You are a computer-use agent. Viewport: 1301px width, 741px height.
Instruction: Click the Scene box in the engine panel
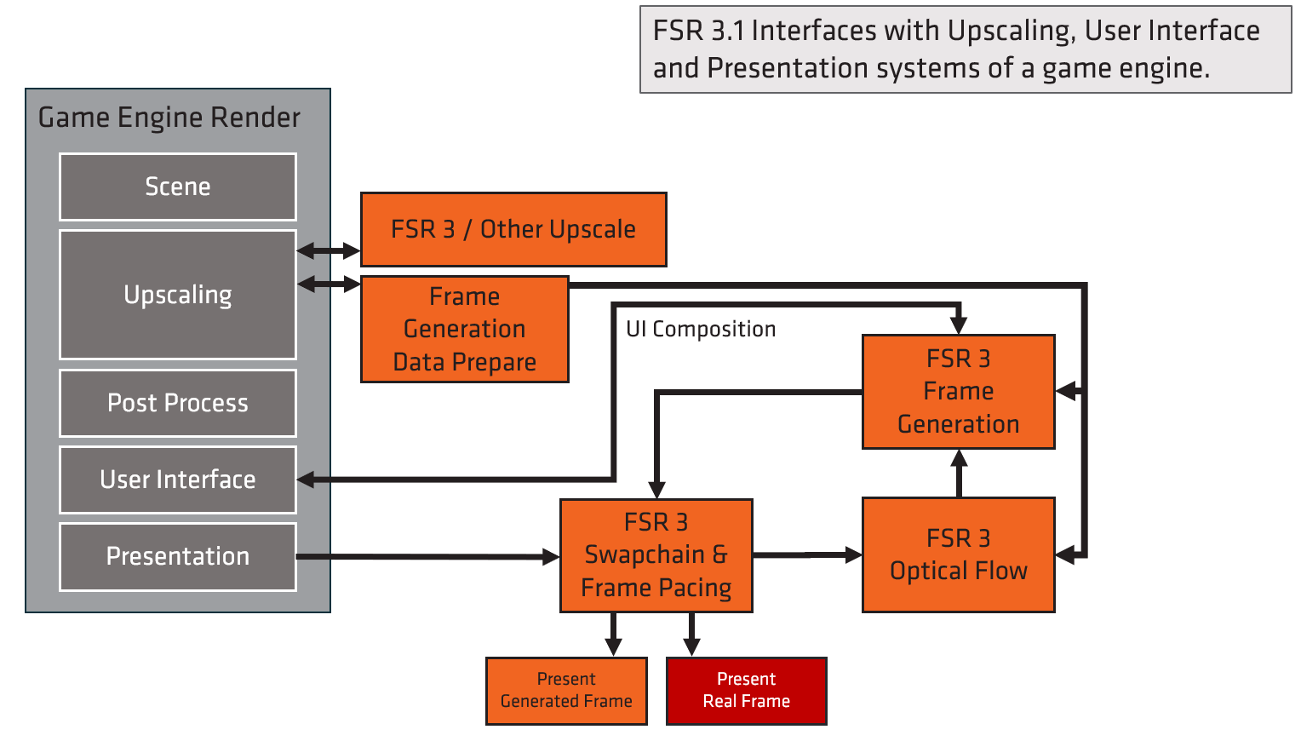pos(177,187)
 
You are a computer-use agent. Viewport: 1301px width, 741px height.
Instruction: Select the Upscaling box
pos(177,295)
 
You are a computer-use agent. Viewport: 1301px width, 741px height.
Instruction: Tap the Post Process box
pos(177,403)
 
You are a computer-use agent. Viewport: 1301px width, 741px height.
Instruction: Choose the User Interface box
pos(177,480)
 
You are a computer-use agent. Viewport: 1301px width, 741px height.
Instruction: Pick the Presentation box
pos(177,556)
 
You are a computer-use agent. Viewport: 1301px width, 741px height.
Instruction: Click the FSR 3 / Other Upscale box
pos(513,229)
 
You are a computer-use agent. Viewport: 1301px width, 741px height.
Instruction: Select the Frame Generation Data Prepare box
pos(464,329)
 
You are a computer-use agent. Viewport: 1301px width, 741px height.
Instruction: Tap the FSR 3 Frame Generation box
pos(958,391)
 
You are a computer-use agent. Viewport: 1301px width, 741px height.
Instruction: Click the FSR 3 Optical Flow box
pos(958,554)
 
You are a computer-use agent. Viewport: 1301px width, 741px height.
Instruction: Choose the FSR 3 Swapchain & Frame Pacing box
pos(656,554)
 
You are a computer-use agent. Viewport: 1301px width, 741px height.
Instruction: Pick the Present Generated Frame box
pos(566,690)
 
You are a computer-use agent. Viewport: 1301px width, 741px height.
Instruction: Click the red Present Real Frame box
pos(746,690)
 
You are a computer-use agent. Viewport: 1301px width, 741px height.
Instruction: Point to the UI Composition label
pos(701,330)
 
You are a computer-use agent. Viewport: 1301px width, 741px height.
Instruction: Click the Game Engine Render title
pos(169,118)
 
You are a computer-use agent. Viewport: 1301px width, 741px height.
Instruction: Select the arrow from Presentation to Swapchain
pos(426,557)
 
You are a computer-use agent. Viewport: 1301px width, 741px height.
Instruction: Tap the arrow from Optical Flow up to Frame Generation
pos(959,474)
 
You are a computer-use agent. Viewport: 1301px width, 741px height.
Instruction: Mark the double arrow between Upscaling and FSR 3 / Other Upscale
pos(329,250)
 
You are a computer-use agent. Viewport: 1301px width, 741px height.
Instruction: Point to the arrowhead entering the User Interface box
pos(307,480)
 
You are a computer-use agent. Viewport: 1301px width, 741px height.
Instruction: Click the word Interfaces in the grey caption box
pos(814,31)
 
